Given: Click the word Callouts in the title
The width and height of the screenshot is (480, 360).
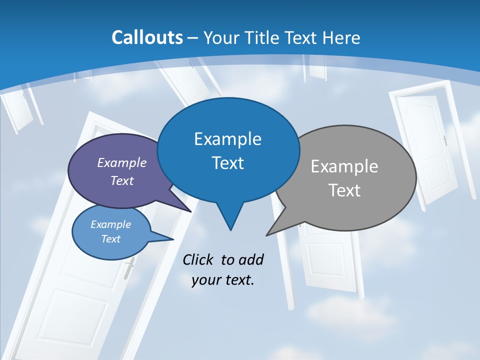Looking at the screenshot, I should [147, 37].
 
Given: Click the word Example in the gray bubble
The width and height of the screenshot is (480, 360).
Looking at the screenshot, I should [344, 166].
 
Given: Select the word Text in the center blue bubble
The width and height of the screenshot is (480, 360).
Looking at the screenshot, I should [228, 163].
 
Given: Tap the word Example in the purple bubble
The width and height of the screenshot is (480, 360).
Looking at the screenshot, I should [122, 162].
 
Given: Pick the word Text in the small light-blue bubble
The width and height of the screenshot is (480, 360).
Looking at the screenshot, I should [110, 239].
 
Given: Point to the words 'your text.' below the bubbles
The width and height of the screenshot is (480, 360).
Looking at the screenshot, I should [223, 280].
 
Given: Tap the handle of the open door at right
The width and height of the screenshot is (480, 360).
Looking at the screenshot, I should [444, 140].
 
